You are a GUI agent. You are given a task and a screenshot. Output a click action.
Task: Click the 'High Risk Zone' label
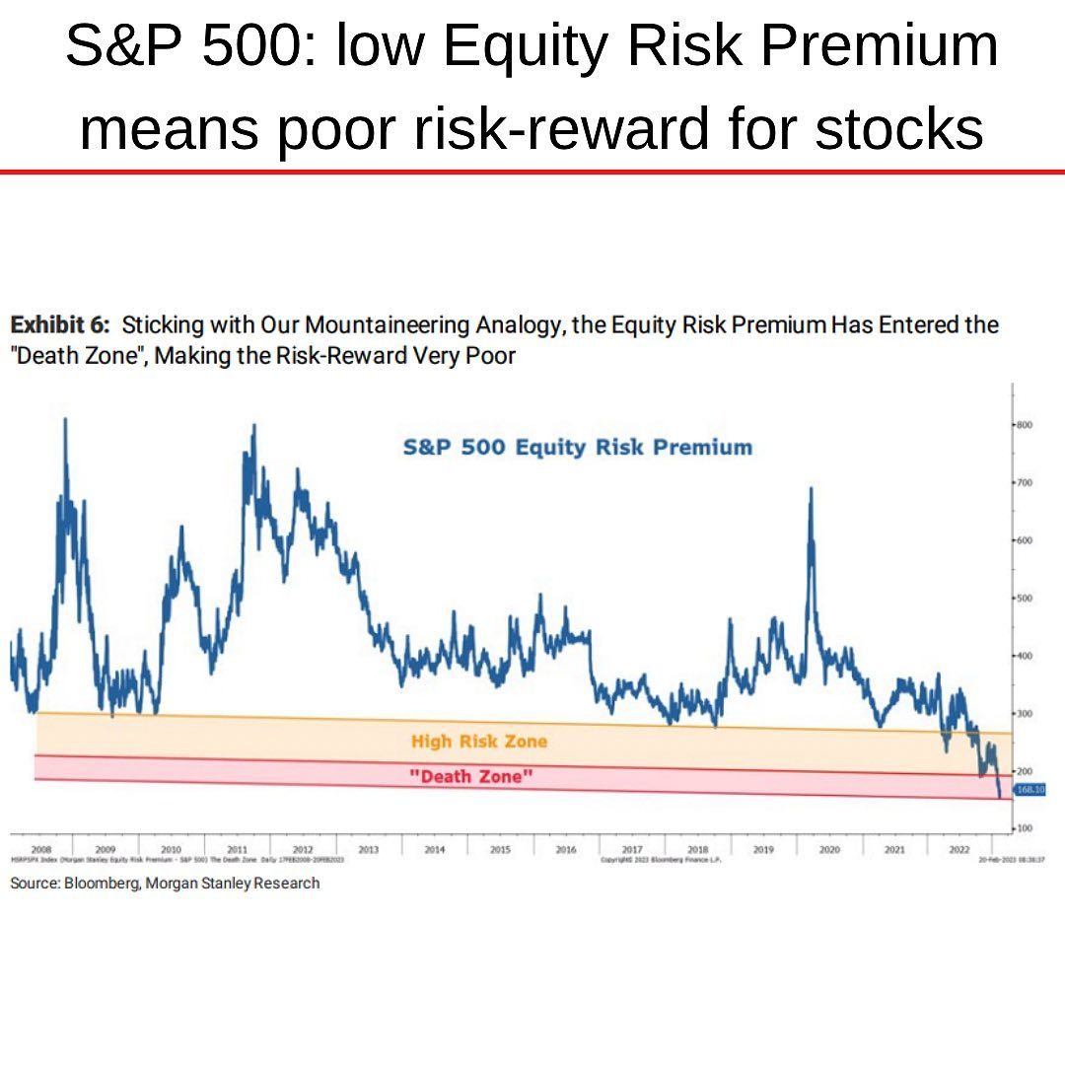tap(478, 742)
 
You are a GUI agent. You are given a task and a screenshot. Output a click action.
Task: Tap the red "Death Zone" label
tap(471, 777)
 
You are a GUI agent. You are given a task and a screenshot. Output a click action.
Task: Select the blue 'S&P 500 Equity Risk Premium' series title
tap(577, 448)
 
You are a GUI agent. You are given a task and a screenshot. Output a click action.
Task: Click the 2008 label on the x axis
tap(41, 848)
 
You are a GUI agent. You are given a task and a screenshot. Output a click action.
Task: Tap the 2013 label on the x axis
tap(369, 848)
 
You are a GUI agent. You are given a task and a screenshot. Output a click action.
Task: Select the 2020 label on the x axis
tap(828, 848)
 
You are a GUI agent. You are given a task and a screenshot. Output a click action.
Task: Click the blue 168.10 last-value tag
tap(1029, 789)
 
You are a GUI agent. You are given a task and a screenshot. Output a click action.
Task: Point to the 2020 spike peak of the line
tap(811, 489)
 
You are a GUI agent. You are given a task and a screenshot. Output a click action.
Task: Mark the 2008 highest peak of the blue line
tap(65, 420)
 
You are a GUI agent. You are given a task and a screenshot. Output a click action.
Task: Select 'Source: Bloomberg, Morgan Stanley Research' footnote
tap(165, 884)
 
